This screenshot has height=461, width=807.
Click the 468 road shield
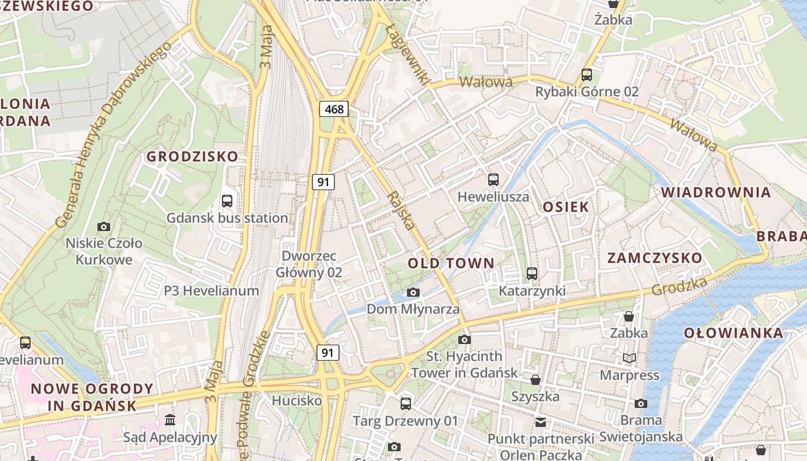point(334,109)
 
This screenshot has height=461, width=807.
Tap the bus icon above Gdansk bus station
point(227,201)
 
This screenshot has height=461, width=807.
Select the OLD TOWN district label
point(451,263)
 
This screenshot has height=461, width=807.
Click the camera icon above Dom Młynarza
point(413,293)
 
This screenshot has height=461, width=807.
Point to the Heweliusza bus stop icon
point(493,180)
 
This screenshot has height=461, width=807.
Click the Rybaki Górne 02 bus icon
point(587,75)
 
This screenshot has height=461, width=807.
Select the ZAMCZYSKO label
point(655,258)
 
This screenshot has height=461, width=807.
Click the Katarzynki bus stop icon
point(532,274)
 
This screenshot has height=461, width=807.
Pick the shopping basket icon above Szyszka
point(536,380)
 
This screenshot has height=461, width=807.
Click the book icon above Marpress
point(629,358)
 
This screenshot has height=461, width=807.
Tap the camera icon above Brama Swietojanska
point(641,403)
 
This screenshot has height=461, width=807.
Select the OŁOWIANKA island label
point(733,333)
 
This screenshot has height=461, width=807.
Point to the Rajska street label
point(402,210)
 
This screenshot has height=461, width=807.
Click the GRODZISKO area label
point(192,157)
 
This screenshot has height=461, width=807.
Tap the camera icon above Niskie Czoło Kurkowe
point(104,226)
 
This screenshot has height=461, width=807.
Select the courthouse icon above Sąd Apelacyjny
point(170,420)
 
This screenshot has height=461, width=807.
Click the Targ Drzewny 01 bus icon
point(406,403)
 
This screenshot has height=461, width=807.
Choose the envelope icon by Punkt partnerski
point(540,422)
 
